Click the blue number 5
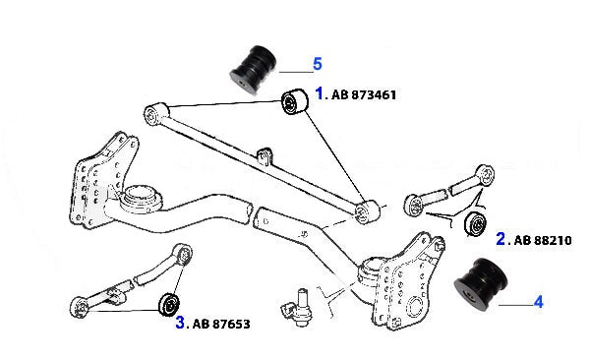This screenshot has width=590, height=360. click(318, 64)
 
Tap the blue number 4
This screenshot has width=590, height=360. click(539, 302)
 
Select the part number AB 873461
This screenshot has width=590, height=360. click(364, 94)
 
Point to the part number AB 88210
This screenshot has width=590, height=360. click(543, 240)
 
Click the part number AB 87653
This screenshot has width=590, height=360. click(221, 324)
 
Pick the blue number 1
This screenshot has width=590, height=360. click(319, 93)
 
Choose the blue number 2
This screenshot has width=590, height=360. click(501, 239)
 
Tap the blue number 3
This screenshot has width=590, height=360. click(180, 323)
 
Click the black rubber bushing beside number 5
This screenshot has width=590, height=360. click(254, 69)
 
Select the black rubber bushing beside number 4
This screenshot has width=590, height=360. click(481, 284)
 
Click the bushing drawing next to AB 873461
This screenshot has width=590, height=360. click(295, 101)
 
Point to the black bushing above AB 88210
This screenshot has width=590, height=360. click(475, 225)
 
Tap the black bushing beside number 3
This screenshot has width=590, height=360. click(169, 303)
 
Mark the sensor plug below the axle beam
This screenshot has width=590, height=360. click(297, 308)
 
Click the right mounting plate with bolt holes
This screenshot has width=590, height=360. click(407, 281)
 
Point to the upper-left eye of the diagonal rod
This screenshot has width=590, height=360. click(155, 114)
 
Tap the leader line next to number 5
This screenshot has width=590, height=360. click(296, 72)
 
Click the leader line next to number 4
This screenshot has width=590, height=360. click(516, 305)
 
